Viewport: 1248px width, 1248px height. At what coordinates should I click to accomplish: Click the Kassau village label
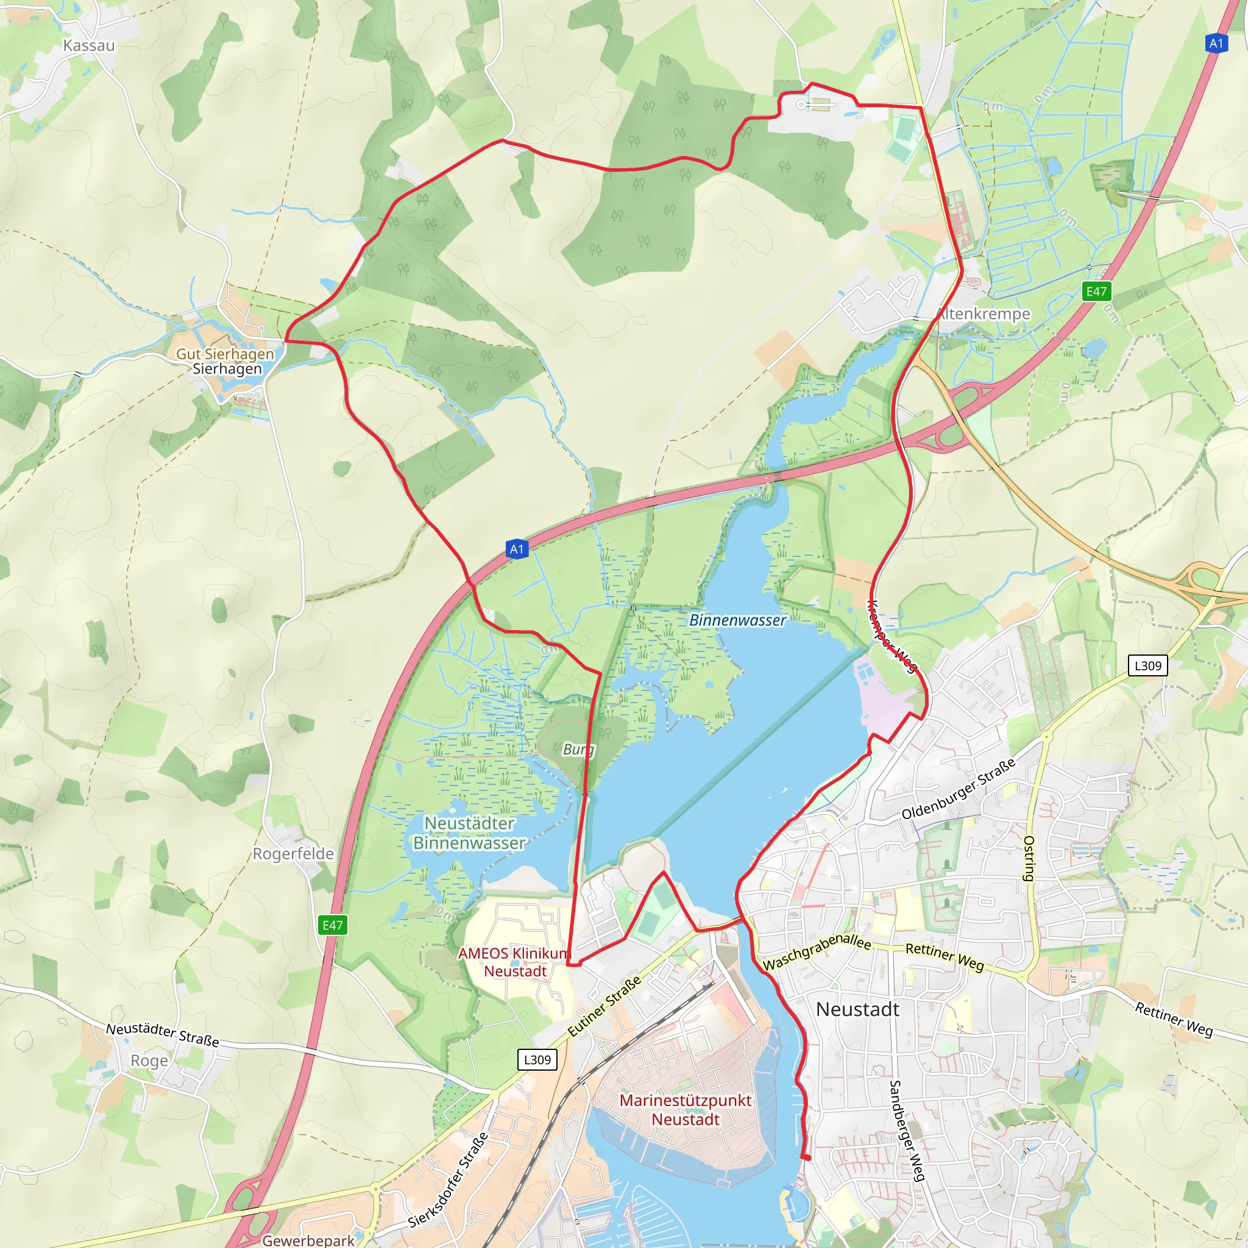tap(88, 45)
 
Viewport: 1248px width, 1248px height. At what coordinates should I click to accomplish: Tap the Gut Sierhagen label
tap(225, 354)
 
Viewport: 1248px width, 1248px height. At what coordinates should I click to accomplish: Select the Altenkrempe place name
tap(983, 314)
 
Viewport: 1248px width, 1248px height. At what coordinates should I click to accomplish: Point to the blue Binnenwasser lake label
tap(738, 620)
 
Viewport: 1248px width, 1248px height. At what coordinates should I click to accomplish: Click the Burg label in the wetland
tap(578, 750)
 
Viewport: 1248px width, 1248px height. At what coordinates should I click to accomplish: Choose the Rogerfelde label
tap(293, 854)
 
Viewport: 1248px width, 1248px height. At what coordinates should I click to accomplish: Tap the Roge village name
tap(149, 1061)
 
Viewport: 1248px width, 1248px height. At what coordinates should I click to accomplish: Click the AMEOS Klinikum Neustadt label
tap(515, 962)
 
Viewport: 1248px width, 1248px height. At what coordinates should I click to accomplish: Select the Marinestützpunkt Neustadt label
tap(686, 1110)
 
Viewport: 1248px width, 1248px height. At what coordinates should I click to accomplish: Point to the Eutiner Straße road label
tap(604, 1007)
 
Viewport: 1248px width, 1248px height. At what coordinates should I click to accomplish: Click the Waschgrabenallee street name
tap(817, 950)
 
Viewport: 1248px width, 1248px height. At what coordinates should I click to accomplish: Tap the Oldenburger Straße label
tap(958, 789)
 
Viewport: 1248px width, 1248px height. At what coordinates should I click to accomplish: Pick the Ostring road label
tap(1029, 859)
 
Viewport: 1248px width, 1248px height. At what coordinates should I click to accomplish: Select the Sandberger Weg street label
tap(907, 1130)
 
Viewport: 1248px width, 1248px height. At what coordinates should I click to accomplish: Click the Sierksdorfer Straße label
tap(448, 1180)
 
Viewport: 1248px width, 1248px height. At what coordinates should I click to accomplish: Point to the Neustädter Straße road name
tap(163, 1034)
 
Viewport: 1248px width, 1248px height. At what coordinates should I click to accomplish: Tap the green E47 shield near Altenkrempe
tap(1096, 291)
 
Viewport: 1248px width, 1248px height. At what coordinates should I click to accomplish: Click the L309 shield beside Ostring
tap(1147, 665)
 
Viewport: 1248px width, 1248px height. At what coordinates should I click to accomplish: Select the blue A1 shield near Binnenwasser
tap(517, 549)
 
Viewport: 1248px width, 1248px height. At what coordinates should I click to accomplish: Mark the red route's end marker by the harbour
tap(806, 1157)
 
